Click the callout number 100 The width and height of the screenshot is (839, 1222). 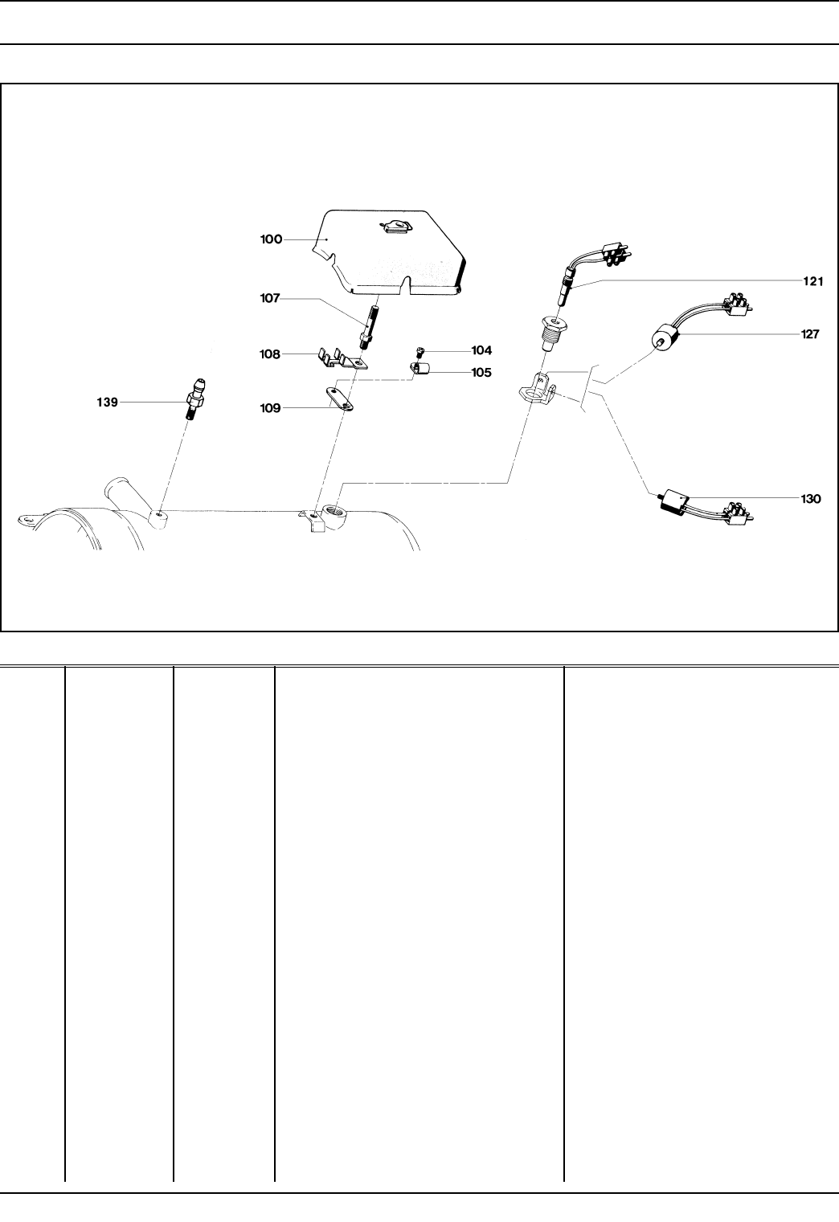click(272, 239)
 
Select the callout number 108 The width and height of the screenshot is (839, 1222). click(270, 354)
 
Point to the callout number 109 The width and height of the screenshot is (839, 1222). click(270, 408)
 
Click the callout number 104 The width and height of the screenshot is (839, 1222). click(481, 351)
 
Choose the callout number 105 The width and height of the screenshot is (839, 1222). click(481, 373)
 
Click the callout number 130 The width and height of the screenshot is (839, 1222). click(811, 499)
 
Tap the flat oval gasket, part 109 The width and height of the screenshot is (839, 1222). click(339, 398)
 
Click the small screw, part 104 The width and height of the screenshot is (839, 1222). click(419, 352)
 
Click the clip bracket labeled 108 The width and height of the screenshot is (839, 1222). click(341, 358)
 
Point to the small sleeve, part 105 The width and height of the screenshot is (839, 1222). click(419, 371)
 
